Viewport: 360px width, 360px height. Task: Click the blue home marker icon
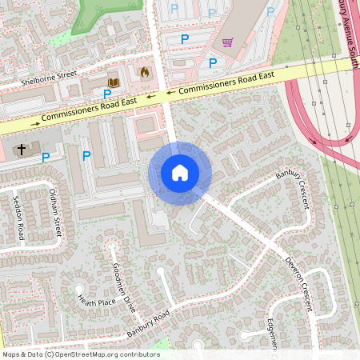point(180,173)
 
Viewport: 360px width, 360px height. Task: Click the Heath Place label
point(96,302)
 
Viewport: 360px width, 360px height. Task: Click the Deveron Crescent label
point(300,280)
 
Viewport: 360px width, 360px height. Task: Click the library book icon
point(113,82)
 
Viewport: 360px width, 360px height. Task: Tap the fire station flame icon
point(145,72)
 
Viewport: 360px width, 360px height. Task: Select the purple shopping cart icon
point(228,42)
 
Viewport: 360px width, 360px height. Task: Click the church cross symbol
point(22,150)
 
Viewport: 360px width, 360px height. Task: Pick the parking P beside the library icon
point(106,94)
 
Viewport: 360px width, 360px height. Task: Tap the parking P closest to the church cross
point(46,158)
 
